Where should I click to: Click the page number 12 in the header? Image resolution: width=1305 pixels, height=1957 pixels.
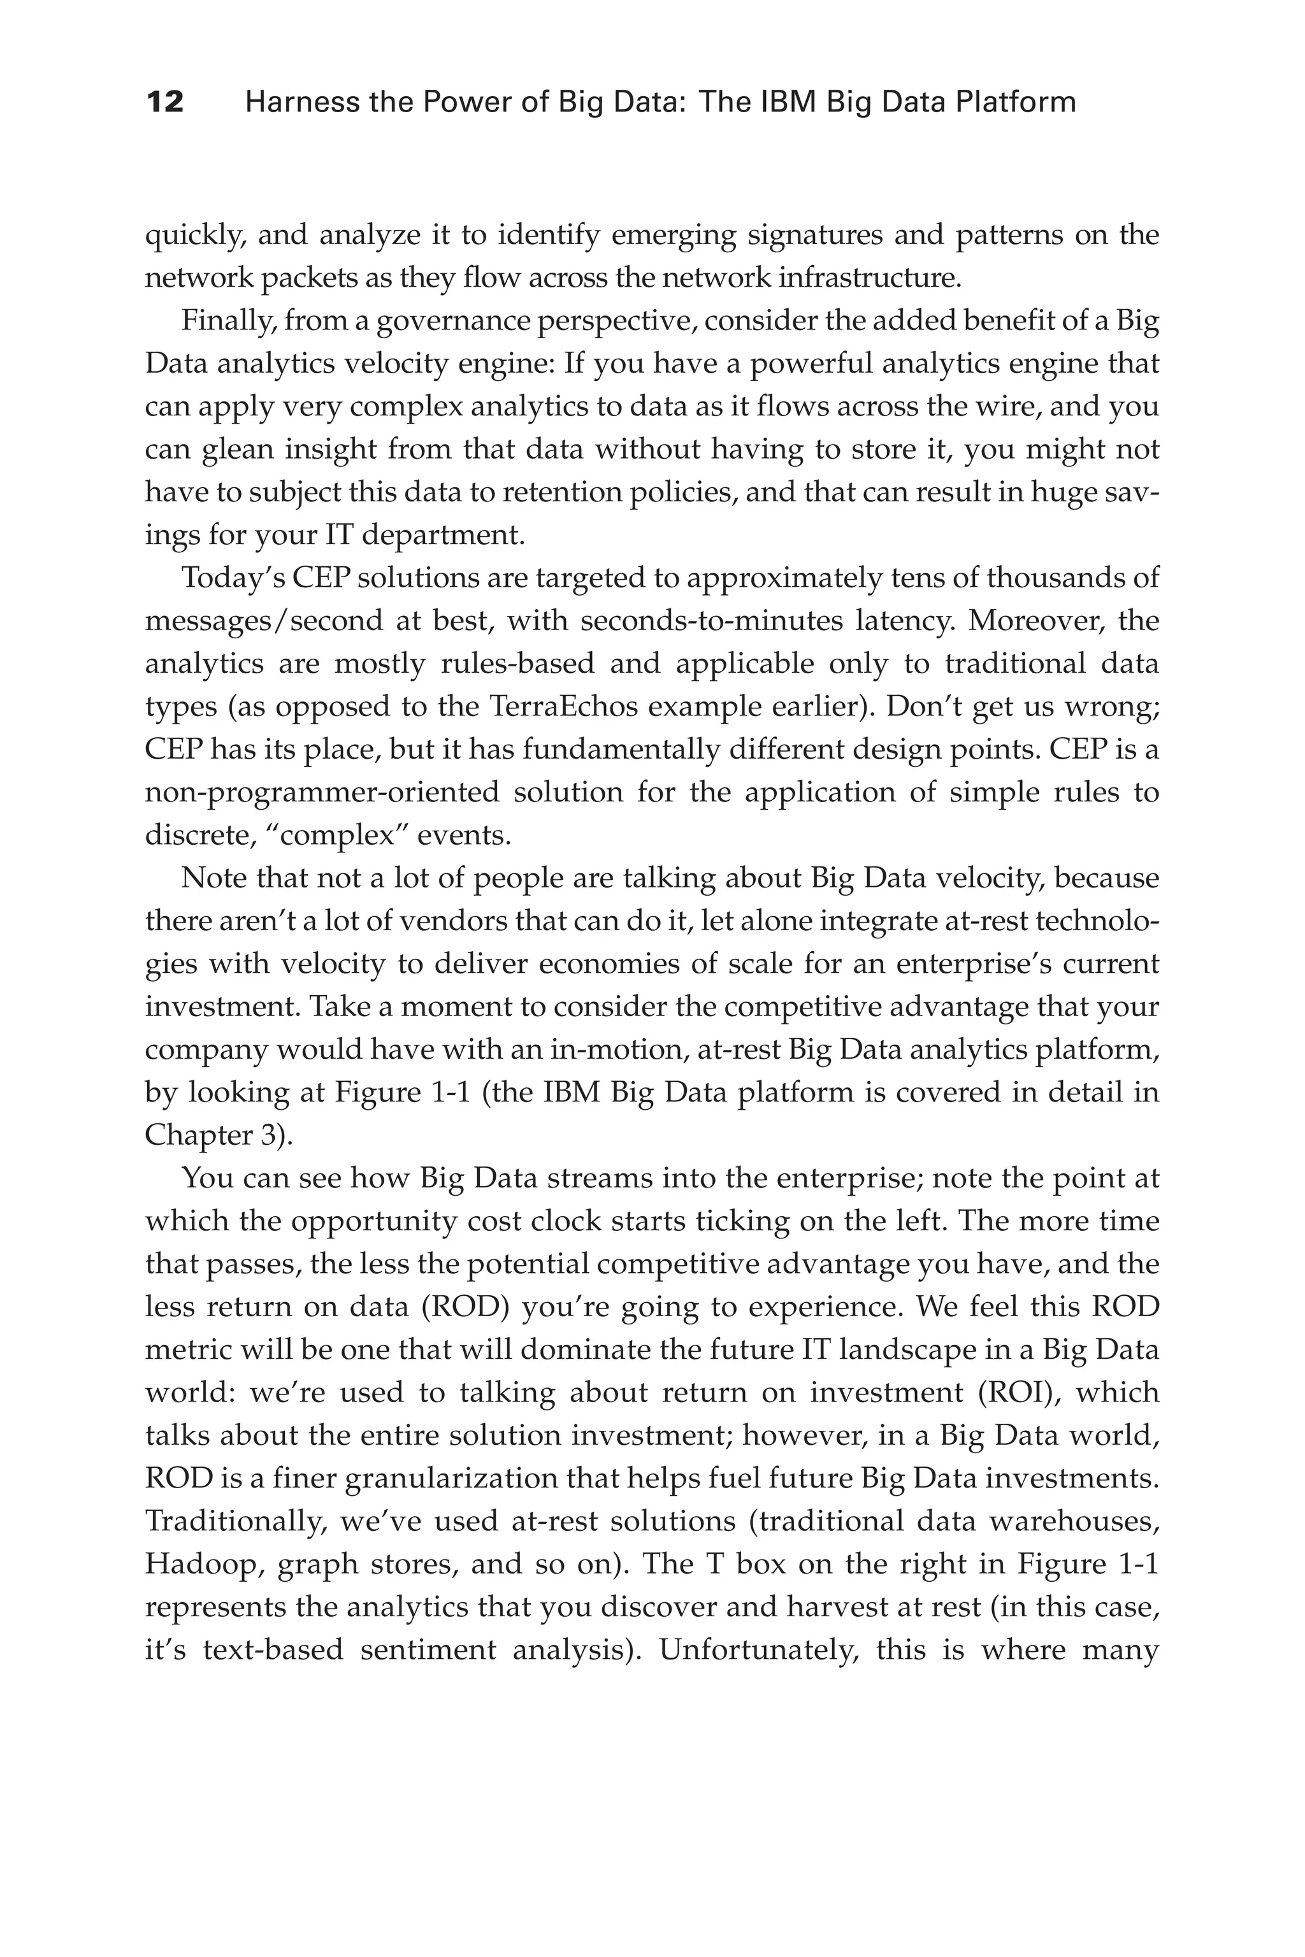tap(165, 103)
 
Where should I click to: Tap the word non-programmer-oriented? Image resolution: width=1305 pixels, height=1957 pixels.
tap(321, 791)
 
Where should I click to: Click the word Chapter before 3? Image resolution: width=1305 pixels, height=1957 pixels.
tap(198, 1135)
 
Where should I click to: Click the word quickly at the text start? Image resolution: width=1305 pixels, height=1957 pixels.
tap(195, 236)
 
